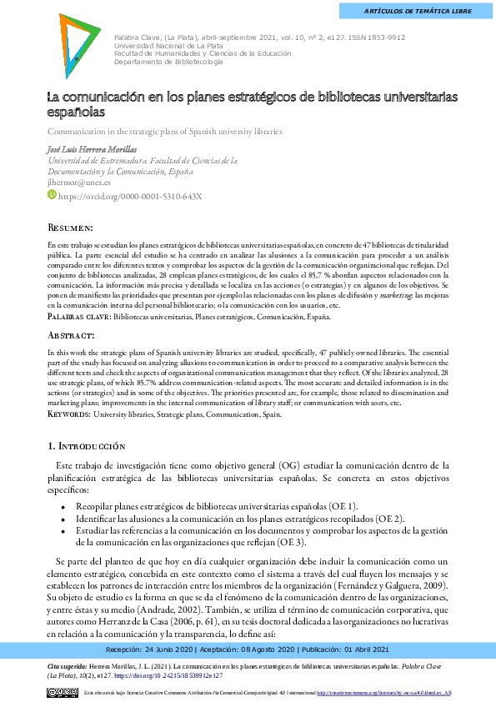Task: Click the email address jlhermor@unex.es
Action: [78, 182]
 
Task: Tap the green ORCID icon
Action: [51, 196]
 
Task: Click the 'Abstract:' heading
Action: [71, 334]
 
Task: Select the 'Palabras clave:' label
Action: [78, 318]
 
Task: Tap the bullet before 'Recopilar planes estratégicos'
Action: [64, 506]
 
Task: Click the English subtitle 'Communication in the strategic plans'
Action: [164, 132]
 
